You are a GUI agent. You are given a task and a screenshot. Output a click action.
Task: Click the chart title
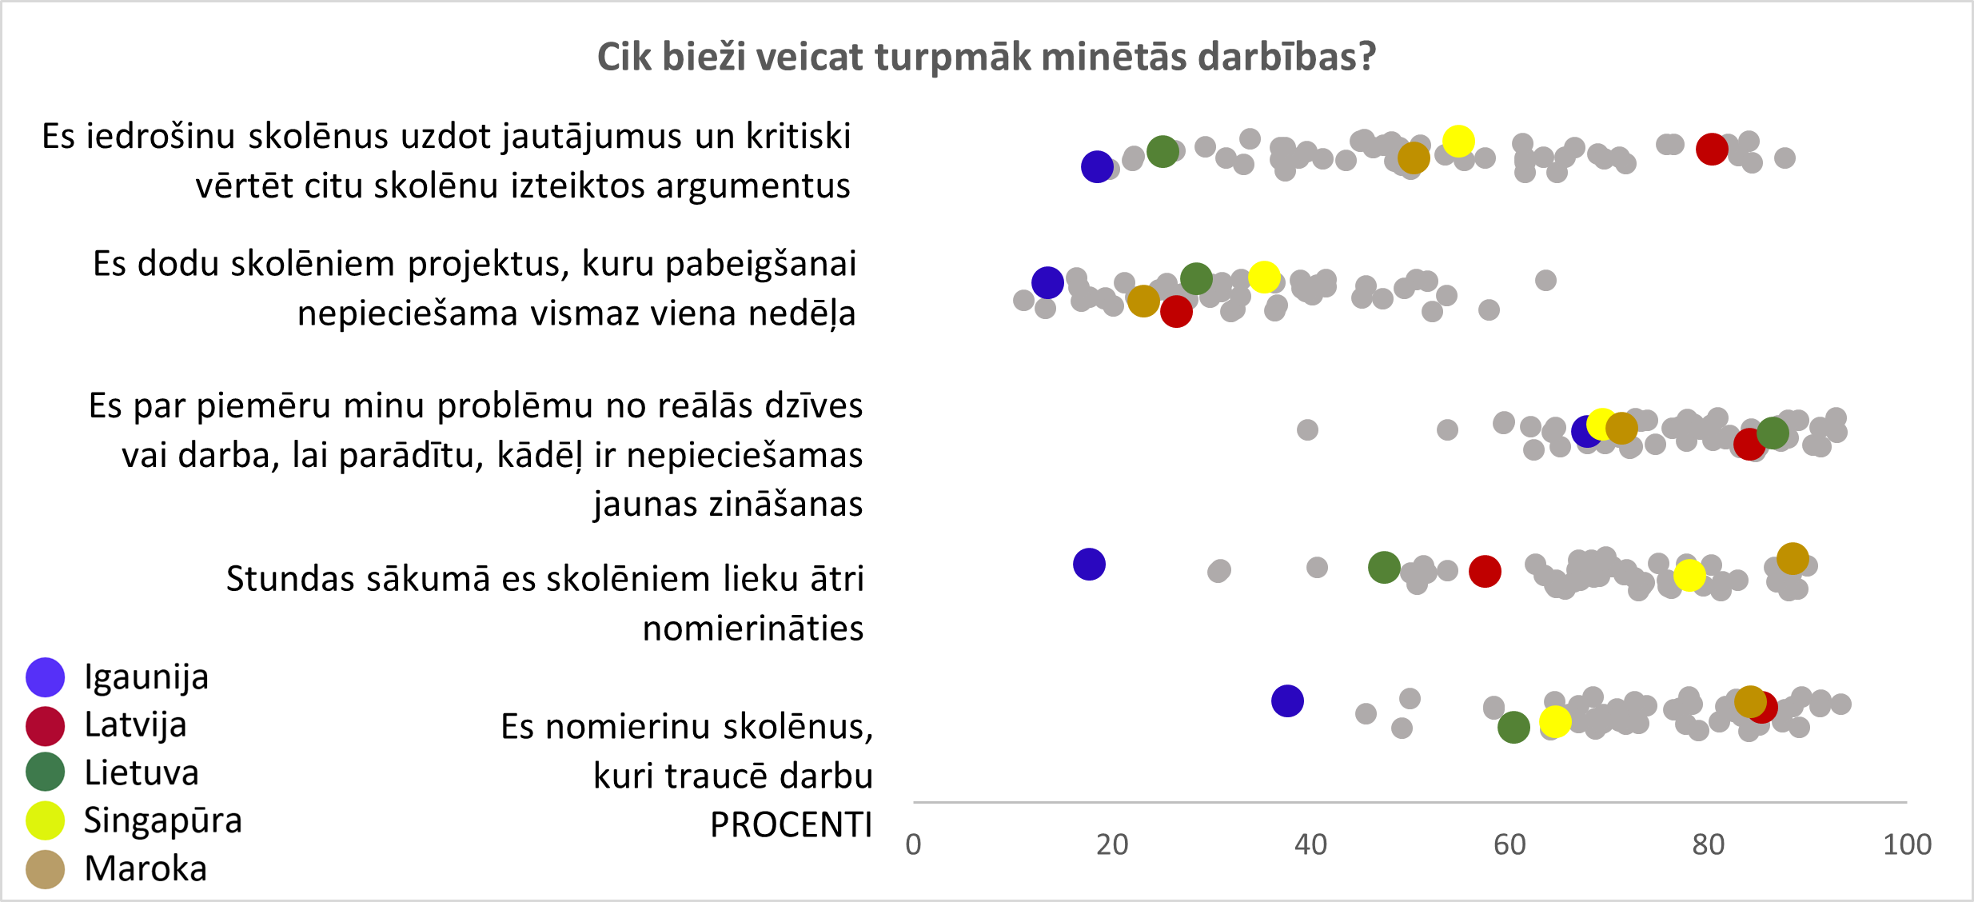[x=987, y=57]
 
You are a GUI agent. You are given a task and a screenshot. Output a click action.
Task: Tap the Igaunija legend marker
[x=45, y=677]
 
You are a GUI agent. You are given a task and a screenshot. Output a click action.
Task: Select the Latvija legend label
[x=136, y=725]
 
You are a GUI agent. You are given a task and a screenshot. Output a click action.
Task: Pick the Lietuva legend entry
[x=142, y=773]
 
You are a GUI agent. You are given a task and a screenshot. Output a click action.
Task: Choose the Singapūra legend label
[x=163, y=820]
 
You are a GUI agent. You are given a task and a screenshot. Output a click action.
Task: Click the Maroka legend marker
[x=45, y=869]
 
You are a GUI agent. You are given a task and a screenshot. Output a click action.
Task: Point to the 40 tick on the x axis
[x=1310, y=844]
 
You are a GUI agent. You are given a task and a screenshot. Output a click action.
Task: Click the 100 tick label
[x=1907, y=844]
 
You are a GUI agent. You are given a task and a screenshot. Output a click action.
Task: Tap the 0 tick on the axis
[x=913, y=844]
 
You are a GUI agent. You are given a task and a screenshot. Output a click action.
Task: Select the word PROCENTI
[x=791, y=825]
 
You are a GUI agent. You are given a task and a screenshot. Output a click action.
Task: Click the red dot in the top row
[x=1712, y=149]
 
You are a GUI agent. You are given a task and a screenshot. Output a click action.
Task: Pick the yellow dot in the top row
[x=1458, y=142]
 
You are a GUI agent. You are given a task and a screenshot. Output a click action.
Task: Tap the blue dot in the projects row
[x=1047, y=282]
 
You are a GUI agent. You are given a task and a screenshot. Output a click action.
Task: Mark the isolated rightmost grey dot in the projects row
[x=1545, y=280]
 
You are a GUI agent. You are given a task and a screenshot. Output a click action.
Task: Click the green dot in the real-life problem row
[x=1773, y=433]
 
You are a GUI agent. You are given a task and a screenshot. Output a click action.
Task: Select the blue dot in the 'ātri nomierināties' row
[x=1089, y=564]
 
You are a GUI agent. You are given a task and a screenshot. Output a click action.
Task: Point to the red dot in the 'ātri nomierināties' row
[x=1485, y=571]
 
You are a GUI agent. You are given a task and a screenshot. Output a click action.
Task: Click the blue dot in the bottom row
[x=1287, y=701]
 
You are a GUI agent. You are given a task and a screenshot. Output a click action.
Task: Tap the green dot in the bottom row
[x=1513, y=727]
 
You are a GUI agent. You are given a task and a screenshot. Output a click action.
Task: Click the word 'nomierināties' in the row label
[x=753, y=629]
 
